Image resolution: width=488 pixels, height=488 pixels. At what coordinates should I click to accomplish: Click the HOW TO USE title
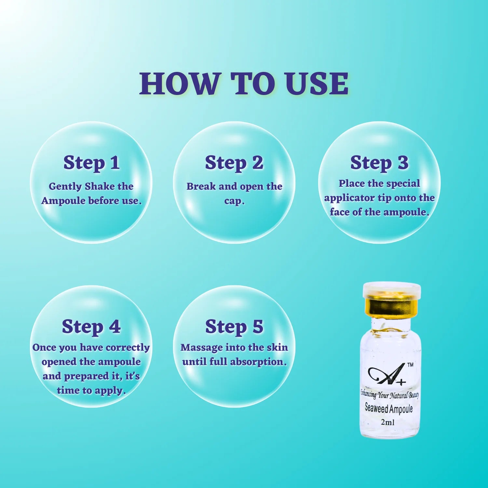244,84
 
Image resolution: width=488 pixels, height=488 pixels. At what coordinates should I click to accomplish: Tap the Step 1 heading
91,163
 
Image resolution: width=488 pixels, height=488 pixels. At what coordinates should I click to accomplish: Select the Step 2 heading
234,163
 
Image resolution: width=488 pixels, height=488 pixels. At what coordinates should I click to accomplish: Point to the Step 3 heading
379,163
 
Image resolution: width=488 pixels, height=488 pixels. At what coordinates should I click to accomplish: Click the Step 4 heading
91,327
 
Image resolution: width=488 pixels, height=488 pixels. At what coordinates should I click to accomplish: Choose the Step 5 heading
234,327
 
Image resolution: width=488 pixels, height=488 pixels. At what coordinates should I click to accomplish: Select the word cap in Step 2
233,201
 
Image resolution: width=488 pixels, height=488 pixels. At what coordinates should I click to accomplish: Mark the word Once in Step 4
45,347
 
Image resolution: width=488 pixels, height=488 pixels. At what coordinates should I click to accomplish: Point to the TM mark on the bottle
410,365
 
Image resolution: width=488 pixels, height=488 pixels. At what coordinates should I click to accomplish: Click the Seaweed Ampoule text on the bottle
389,408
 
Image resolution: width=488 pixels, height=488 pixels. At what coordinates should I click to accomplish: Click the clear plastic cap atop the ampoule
392,290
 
